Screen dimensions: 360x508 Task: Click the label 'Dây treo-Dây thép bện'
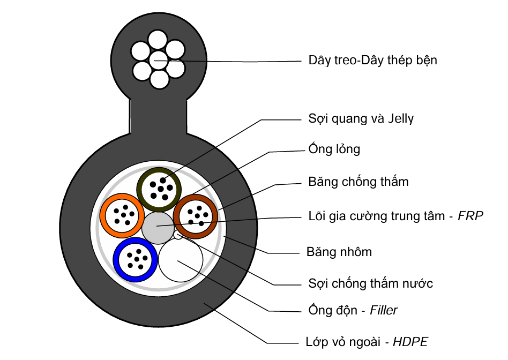coord(372,60)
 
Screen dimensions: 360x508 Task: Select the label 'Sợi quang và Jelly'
coord(361,118)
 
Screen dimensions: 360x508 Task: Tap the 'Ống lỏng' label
coord(334,149)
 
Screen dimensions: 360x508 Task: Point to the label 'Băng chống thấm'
coord(358,182)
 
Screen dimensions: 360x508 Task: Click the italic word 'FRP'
coord(472,216)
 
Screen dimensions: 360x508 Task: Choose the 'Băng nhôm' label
coord(339,251)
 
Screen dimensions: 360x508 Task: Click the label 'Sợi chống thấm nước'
coord(370,283)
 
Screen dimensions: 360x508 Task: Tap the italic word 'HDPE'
coord(410,341)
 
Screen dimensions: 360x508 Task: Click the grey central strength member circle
coord(158,227)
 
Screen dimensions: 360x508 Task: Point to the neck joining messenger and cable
coord(159,115)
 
